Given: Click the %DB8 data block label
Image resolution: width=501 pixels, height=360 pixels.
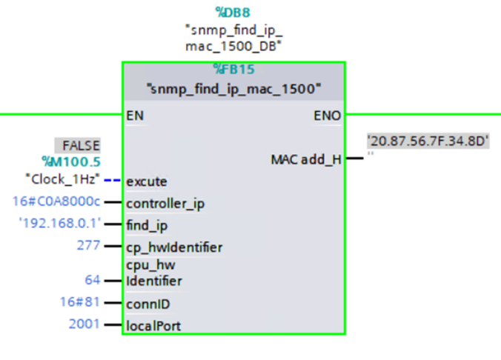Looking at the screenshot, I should tap(233, 12).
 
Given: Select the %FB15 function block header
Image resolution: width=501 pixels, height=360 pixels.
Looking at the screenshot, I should tap(233, 70).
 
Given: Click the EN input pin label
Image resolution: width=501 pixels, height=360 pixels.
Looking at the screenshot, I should tap(135, 116).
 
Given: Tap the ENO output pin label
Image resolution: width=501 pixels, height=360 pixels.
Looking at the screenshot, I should tap(328, 116).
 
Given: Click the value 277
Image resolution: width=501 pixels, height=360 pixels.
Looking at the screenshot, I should tap(88, 246).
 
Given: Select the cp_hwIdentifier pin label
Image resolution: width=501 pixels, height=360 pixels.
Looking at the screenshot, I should tap(174, 247).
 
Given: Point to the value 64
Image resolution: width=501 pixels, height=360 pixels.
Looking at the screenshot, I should tap(93, 280).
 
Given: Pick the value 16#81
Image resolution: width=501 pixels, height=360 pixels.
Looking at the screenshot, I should tap(79, 302).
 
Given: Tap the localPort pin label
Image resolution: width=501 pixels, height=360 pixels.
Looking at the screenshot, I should tap(153, 325).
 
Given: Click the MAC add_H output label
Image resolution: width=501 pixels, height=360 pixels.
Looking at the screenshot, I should tap(306, 159).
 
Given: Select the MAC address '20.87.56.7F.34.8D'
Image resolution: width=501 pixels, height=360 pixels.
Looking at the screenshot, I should tap(428, 141).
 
